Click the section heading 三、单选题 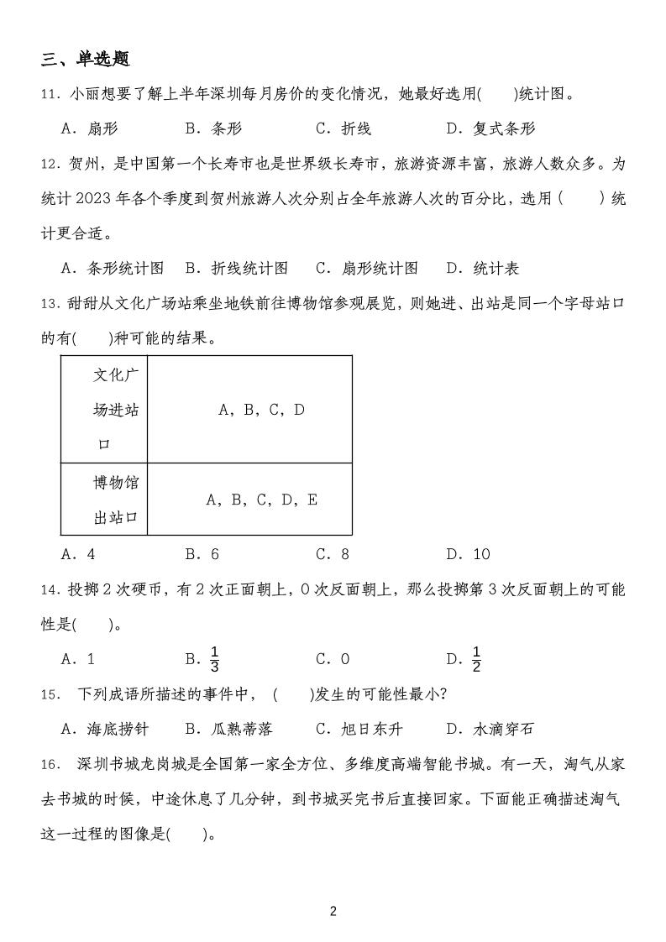pyautogui.click(x=85, y=60)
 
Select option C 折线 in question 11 pyautogui.click(x=343, y=128)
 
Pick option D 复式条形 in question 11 pyautogui.click(x=490, y=128)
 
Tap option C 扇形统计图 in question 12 pyautogui.click(x=367, y=268)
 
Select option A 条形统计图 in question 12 pyautogui.click(x=113, y=268)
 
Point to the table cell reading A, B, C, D pyautogui.click(x=261, y=410)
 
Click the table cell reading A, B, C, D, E pyautogui.click(x=261, y=500)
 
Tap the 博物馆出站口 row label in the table pyautogui.click(x=115, y=500)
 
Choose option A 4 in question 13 pyautogui.click(x=79, y=554)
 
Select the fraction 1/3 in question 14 pyautogui.click(x=214, y=660)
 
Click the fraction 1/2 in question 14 pyautogui.click(x=476, y=660)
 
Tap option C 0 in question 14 pyautogui.click(x=333, y=660)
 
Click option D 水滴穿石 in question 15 pyautogui.click(x=490, y=729)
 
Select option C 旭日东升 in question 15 pyautogui.click(x=358, y=729)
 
